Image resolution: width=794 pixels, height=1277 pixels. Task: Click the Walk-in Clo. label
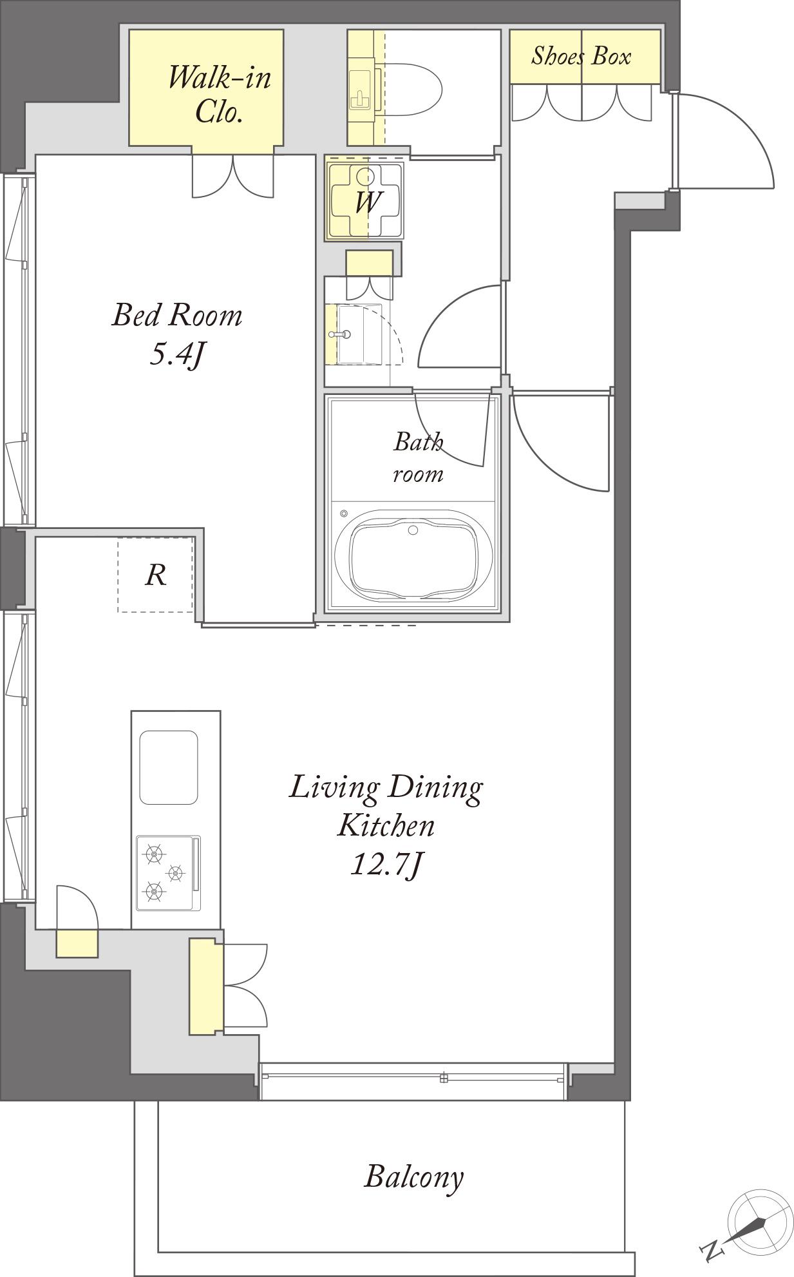pyautogui.click(x=219, y=95)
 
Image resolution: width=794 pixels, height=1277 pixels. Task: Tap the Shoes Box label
pyautogui.click(x=581, y=57)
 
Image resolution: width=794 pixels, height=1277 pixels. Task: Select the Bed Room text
pyautogui.click(x=177, y=315)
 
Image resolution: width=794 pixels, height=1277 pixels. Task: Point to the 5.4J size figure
pyautogui.click(x=176, y=355)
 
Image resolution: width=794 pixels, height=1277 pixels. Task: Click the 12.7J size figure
pyautogui.click(x=385, y=865)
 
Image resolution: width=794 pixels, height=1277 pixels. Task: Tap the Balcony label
pyautogui.click(x=413, y=1177)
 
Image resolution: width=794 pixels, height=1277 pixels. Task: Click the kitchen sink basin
pyautogui.click(x=169, y=767)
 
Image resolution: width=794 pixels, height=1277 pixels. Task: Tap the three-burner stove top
pyautogui.click(x=168, y=873)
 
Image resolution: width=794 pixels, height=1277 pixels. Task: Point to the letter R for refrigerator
pyautogui.click(x=156, y=574)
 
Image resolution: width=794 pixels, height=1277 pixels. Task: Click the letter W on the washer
pyautogui.click(x=366, y=202)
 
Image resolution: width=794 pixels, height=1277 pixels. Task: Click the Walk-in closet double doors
pyautogui.click(x=232, y=177)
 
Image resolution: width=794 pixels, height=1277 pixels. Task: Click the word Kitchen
pyautogui.click(x=386, y=825)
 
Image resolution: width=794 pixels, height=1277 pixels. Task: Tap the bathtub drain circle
pyautogui.click(x=413, y=530)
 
